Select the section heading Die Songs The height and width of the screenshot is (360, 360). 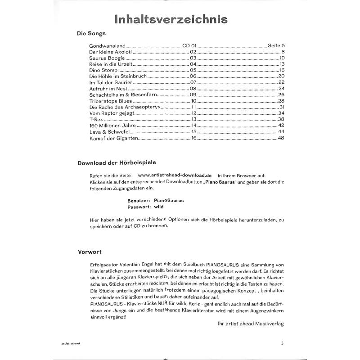pyautogui.click(x=91, y=34)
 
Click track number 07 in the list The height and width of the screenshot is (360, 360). pyautogui.click(x=194, y=82)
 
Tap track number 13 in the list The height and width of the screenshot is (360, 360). pyautogui.click(x=194, y=119)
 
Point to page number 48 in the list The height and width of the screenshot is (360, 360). pyautogui.click(x=282, y=138)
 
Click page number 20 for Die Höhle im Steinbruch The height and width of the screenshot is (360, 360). pyautogui.click(x=282, y=76)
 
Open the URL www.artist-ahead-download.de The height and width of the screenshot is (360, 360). pyautogui.click(x=175, y=175)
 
